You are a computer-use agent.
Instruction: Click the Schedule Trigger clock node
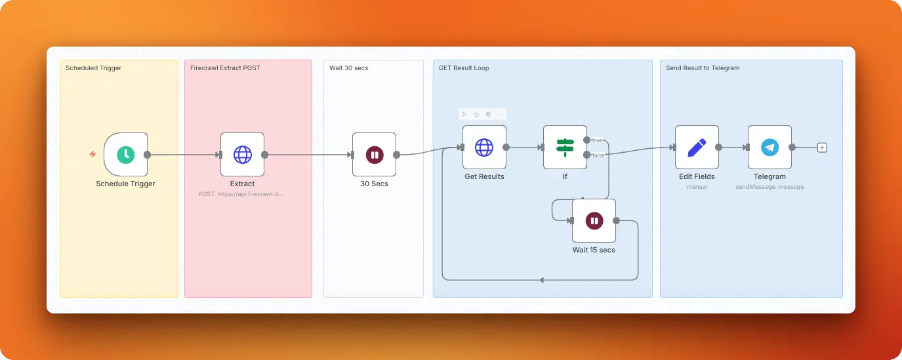[125, 154]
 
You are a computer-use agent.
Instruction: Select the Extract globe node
[242, 154]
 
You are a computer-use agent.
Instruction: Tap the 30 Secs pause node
[374, 154]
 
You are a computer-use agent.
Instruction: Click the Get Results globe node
[484, 148]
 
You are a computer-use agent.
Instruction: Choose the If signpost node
[564, 148]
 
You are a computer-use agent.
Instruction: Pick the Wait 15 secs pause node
[594, 221]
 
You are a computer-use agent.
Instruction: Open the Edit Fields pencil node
[697, 148]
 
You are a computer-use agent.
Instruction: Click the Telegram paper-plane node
[769, 148]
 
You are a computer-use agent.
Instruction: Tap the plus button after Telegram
[822, 148]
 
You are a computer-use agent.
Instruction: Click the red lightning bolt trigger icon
[92, 154]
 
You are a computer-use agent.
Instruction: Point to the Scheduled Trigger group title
[93, 68]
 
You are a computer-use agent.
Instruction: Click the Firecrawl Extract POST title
[225, 68]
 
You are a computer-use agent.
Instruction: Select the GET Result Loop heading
[464, 68]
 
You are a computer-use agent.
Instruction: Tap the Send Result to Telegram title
[703, 68]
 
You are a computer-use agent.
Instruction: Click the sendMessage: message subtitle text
[769, 187]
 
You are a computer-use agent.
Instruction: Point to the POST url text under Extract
[241, 194]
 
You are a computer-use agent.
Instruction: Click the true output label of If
[598, 140]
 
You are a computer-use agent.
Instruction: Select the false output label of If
[598, 155]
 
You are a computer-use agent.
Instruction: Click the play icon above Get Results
[464, 114]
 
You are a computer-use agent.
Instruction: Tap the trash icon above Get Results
[487, 114]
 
